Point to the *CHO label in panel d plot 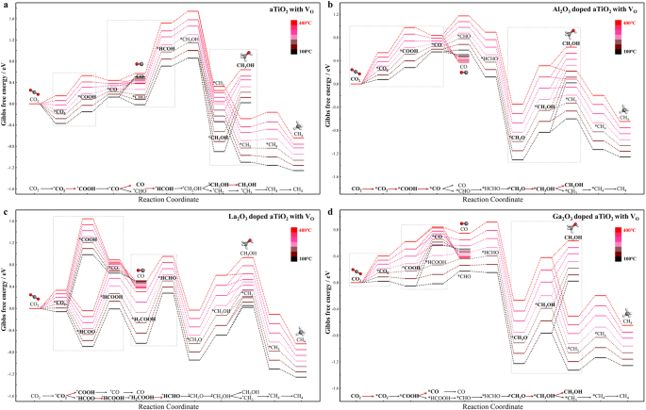(464, 276)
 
